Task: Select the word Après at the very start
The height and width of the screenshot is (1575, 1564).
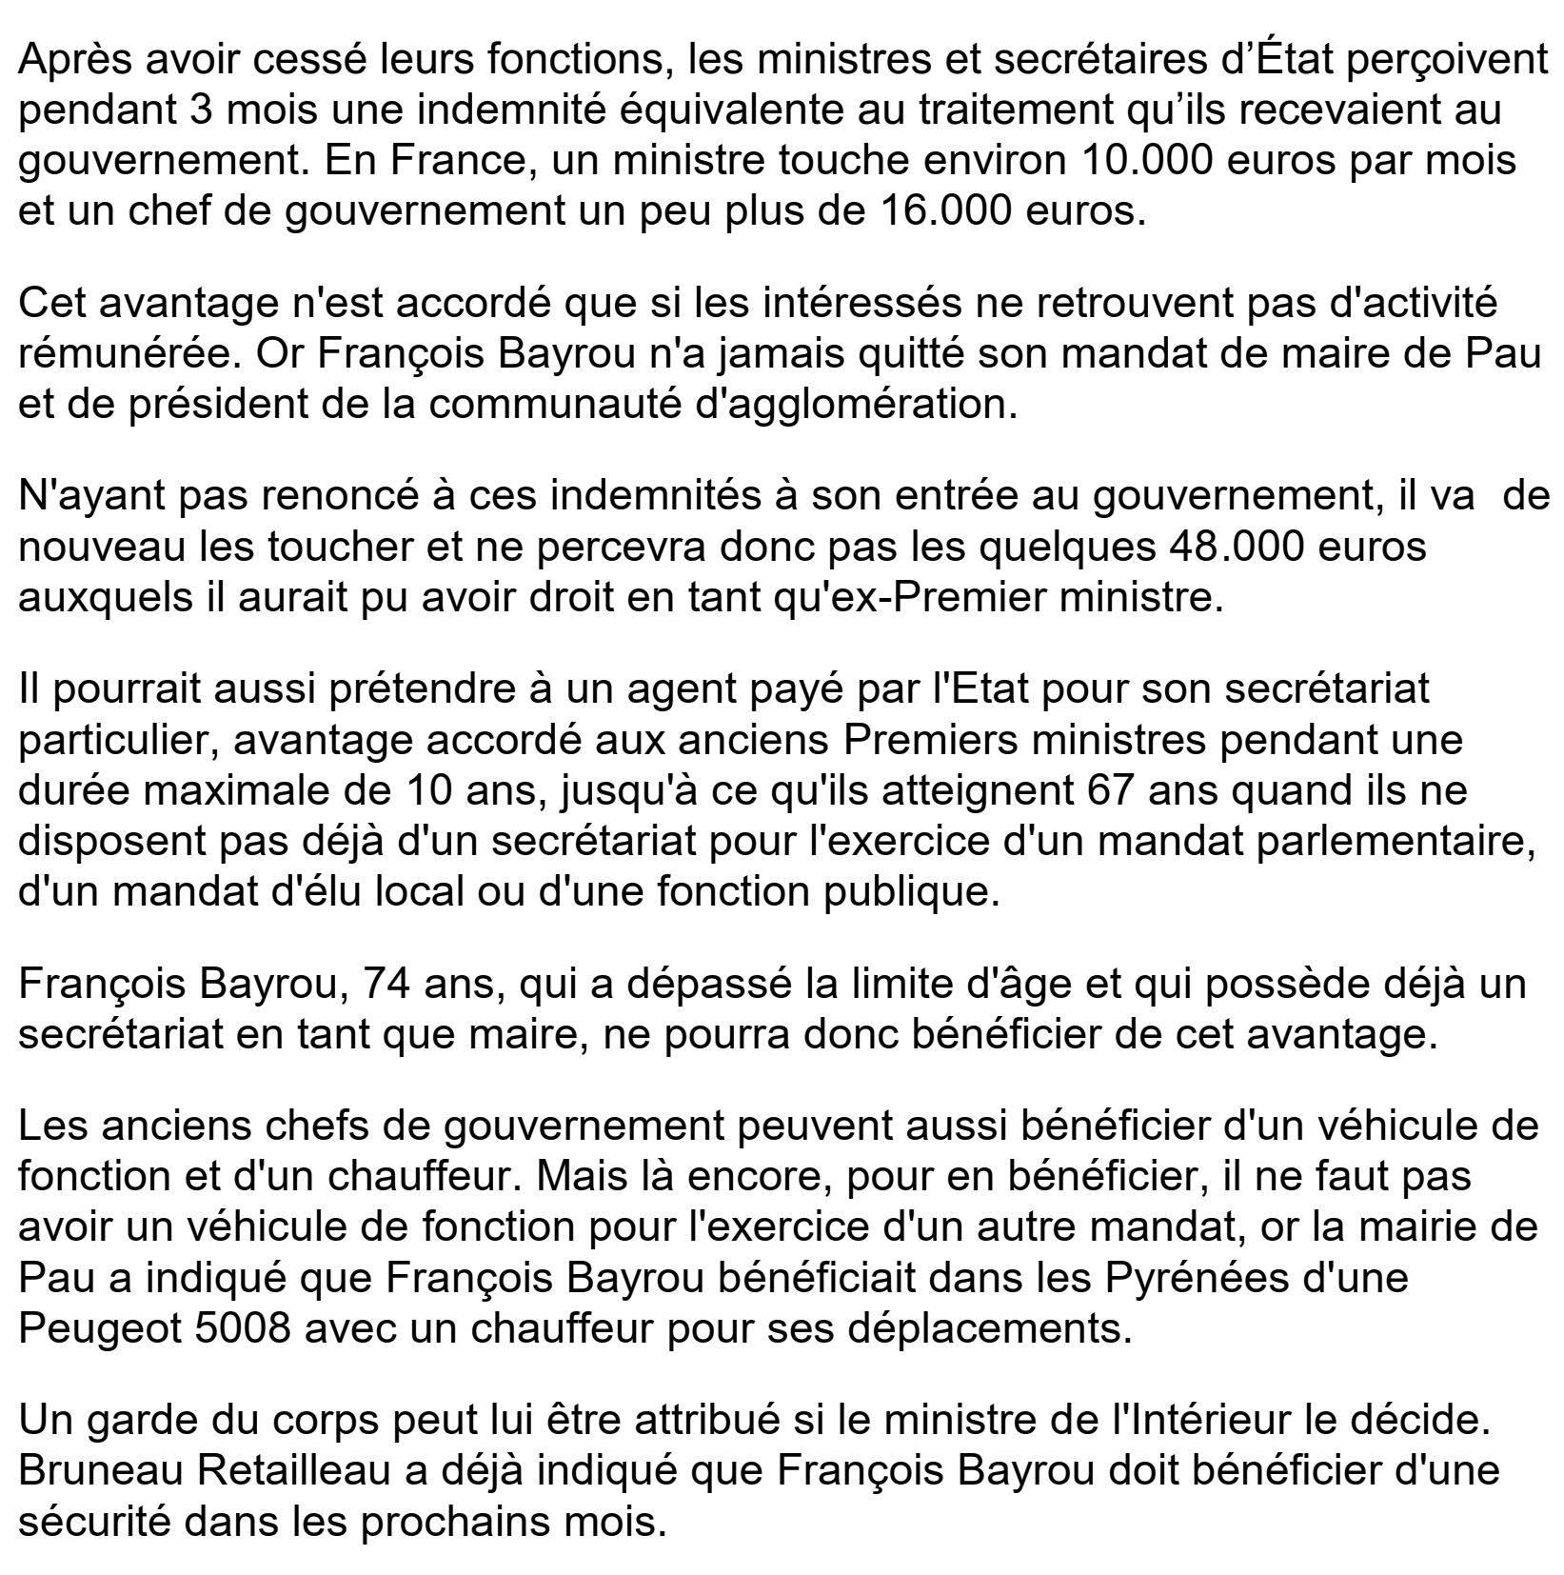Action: [x=76, y=59]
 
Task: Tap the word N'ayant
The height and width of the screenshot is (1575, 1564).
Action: [x=86, y=497]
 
